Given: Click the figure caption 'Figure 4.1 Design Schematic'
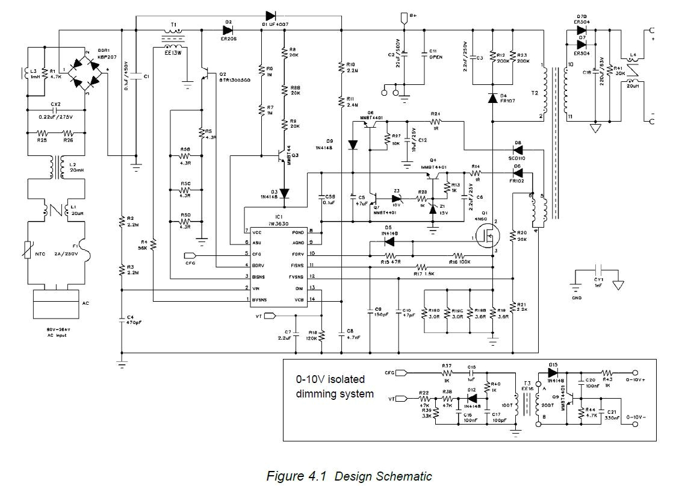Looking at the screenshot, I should point(349,476).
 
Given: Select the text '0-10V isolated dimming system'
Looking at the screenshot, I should point(335,387).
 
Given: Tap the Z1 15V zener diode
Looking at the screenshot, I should point(432,209).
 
